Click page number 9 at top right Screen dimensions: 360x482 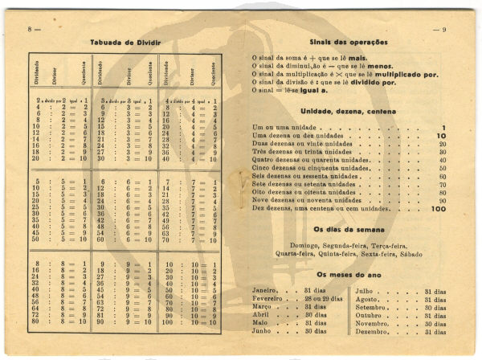pos(443,29)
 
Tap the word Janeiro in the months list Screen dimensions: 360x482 pos(265,289)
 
